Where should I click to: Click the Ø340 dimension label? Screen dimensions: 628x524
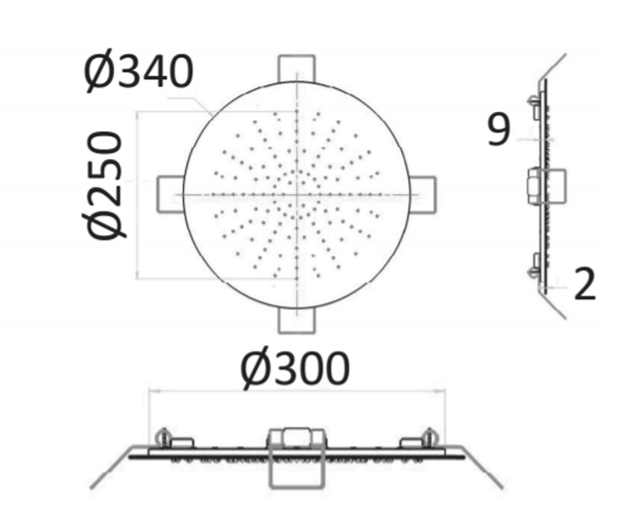(138, 72)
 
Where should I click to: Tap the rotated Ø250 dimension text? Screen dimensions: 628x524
(103, 184)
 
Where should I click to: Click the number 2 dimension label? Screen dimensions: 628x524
(585, 283)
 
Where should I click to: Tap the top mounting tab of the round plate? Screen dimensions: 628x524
(297, 68)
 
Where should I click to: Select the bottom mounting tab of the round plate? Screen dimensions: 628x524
(297, 321)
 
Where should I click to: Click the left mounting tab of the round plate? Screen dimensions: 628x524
(170, 194)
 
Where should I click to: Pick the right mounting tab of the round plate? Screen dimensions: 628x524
(422, 194)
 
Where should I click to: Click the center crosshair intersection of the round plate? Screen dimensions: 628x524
(297, 195)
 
